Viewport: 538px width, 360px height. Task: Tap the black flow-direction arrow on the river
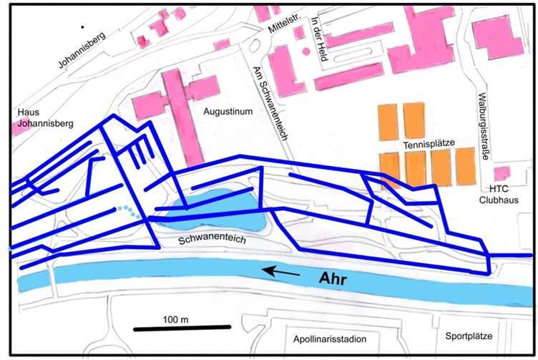(x=280, y=271)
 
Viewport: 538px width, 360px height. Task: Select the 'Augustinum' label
(x=226, y=112)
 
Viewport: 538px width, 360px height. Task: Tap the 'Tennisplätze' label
(x=429, y=144)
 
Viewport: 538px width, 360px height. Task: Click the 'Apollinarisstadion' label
(x=325, y=339)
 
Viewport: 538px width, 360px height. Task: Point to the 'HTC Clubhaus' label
(x=499, y=193)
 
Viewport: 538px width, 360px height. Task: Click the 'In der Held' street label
(x=317, y=39)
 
